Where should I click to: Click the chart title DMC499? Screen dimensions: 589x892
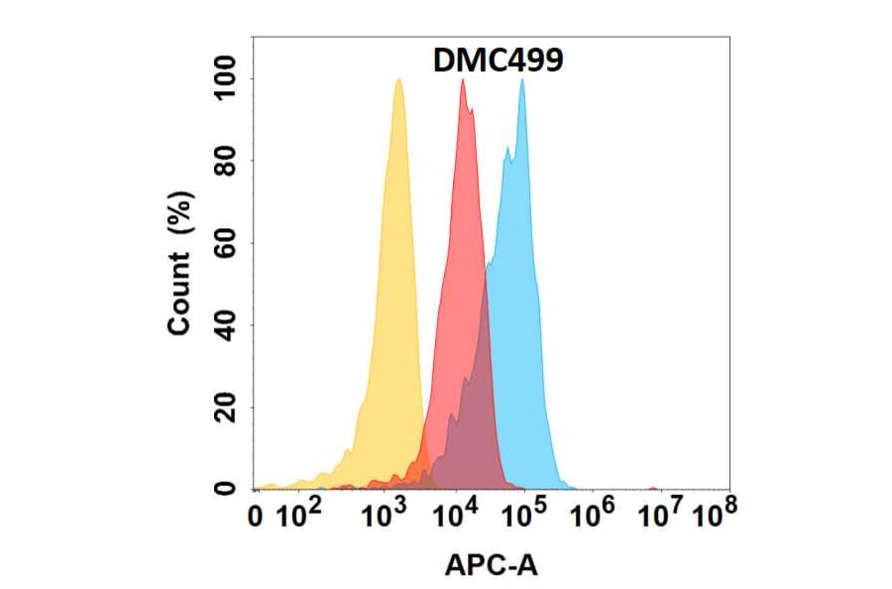(498, 61)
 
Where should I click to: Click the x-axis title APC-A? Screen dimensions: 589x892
(491, 566)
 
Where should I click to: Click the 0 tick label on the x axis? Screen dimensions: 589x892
(259, 517)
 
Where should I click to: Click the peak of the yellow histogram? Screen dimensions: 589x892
(397, 80)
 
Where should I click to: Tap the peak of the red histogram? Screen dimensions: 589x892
(462, 80)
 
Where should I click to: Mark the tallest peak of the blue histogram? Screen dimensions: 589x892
(522, 80)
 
